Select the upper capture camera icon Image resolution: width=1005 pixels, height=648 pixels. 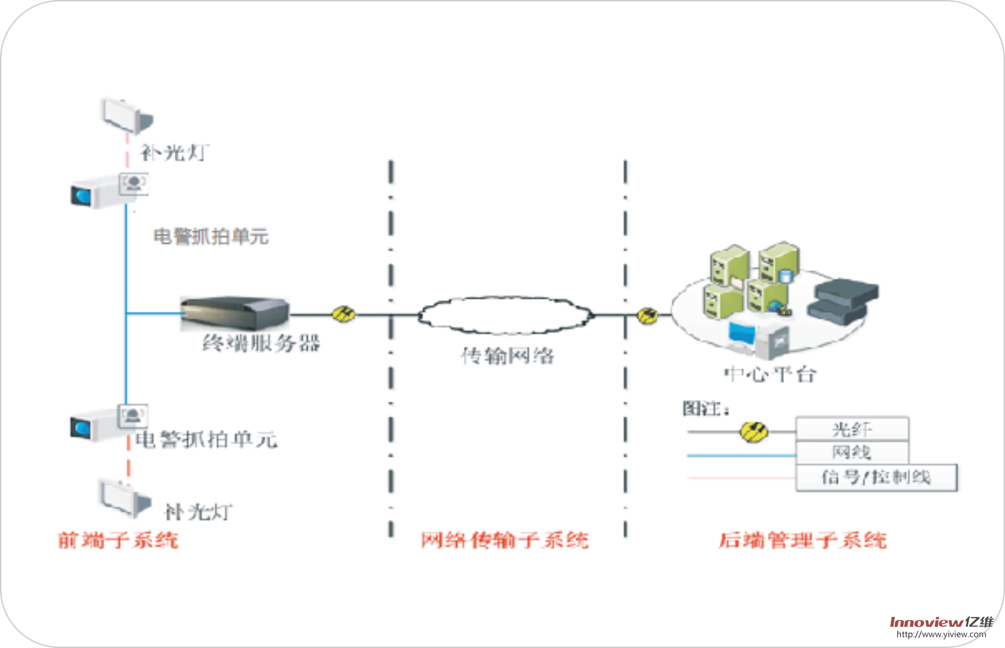(x=109, y=191)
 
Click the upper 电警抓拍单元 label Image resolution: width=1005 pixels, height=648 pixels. (x=211, y=237)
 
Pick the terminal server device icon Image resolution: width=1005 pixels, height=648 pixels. (x=235, y=313)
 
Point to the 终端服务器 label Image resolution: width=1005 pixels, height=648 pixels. (x=261, y=343)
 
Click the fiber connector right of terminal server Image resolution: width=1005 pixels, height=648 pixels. (x=344, y=314)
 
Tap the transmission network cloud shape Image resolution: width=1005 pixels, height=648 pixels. (x=505, y=315)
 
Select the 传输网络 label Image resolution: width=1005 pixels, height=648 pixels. (x=507, y=355)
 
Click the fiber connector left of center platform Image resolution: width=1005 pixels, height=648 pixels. (x=647, y=316)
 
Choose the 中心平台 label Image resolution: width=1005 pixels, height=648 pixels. (x=770, y=374)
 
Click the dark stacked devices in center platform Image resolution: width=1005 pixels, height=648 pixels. (x=842, y=301)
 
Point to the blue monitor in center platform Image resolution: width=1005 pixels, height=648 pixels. (x=742, y=334)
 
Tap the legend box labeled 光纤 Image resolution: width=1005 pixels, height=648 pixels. (x=852, y=429)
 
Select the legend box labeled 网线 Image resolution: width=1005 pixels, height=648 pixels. (x=852, y=452)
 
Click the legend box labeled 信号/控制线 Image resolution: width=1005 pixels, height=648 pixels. (x=876, y=477)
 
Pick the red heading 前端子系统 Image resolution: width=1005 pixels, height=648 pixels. (x=118, y=540)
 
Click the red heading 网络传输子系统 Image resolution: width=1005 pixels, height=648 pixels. (x=504, y=540)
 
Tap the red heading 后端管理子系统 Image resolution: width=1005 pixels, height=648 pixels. (x=802, y=540)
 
